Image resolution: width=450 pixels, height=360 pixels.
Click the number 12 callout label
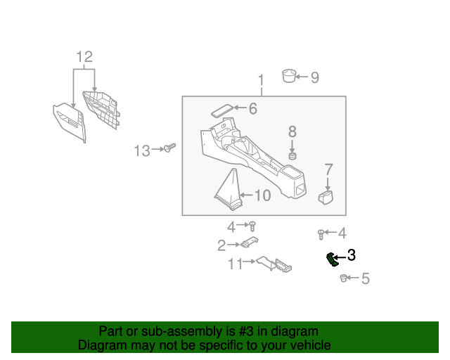(x=84, y=57)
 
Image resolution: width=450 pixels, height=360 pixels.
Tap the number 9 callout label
(x=314, y=77)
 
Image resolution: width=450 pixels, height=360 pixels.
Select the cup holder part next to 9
(x=288, y=75)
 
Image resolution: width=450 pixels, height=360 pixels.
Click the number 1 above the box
(x=260, y=79)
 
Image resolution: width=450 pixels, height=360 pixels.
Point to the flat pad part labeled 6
(x=221, y=110)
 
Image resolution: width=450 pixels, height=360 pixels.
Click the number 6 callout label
(x=253, y=108)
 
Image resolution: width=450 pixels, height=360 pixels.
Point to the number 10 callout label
(x=262, y=195)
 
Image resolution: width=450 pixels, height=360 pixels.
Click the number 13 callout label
(x=142, y=150)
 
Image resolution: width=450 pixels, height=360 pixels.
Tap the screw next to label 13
(x=169, y=148)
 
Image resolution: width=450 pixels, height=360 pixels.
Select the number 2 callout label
(x=221, y=245)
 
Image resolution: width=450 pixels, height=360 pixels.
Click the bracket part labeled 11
(x=271, y=264)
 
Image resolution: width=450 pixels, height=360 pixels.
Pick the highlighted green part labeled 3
(x=330, y=259)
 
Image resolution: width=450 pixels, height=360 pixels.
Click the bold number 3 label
(x=352, y=257)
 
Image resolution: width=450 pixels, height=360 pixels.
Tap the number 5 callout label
(x=365, y=279)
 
